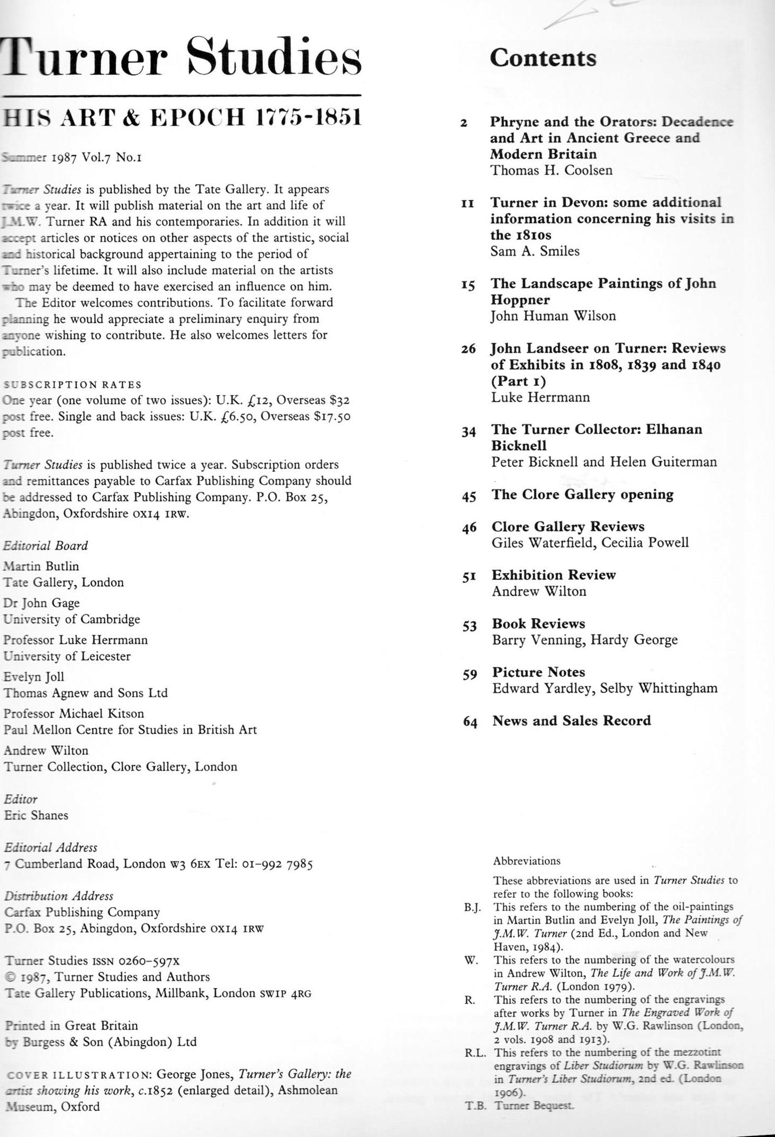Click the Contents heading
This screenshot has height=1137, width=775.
pos(543,58)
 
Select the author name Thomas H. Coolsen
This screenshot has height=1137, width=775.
pos(551,170)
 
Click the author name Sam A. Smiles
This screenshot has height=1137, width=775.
pos(535,251)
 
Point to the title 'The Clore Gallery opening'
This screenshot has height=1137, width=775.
pos(582,495)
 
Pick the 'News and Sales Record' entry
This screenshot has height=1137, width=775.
pos(572,721)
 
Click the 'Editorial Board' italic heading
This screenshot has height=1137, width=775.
pos(46,545)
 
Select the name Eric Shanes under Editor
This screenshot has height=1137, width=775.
pos(36,815)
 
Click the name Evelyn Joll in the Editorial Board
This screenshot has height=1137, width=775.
pos(34,677)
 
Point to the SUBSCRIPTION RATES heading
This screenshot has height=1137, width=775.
pos(73,385)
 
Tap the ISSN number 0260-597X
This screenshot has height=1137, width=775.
pos(149,961)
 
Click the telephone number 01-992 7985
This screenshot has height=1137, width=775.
pos(273,864)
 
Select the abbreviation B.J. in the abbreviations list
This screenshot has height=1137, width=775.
pos(473,907)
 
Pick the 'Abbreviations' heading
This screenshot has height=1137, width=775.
pos(526,861)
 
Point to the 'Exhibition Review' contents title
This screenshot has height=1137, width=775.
pos(554,575)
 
